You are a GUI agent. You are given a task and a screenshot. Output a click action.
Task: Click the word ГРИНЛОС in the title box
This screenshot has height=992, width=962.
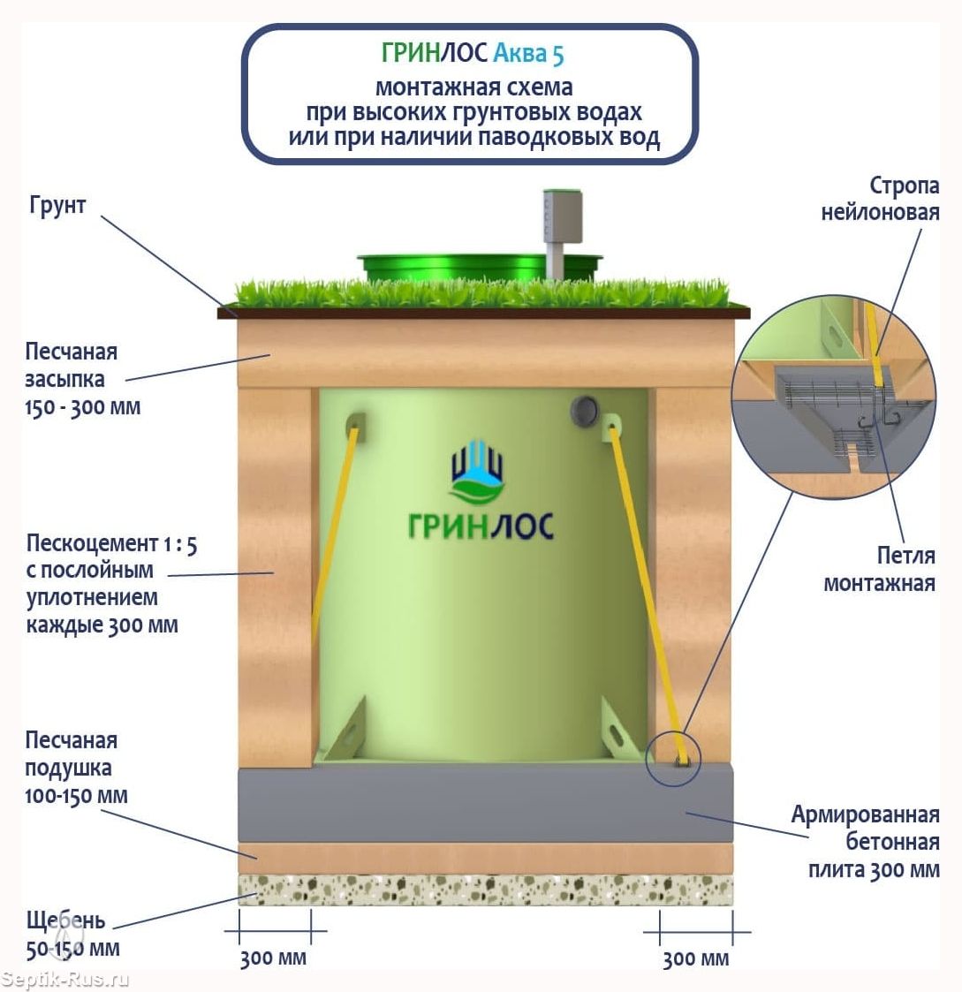click(434, 54)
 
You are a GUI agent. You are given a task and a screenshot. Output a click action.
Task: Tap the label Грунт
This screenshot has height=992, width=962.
click(57, 205)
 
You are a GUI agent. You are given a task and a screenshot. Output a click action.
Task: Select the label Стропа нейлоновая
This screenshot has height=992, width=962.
click(880, 199)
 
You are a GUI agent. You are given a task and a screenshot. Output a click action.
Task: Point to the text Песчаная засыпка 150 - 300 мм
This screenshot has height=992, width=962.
click(82, 379)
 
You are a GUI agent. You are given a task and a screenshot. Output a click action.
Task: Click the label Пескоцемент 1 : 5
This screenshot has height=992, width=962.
click(111, 543)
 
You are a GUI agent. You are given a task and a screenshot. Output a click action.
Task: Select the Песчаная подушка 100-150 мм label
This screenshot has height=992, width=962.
click(76, 768)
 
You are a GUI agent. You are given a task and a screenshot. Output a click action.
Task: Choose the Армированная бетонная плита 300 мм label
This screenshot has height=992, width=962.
click(866, 842)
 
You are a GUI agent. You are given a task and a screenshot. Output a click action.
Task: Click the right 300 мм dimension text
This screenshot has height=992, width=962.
click(696, 959)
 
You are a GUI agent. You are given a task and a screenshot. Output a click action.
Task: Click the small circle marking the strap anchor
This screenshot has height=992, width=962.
click(673, 759)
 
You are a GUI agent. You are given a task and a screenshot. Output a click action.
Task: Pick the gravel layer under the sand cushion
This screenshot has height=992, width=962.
click(485, 890)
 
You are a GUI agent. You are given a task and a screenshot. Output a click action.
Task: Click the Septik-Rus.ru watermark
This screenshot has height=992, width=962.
click(66, 980)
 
